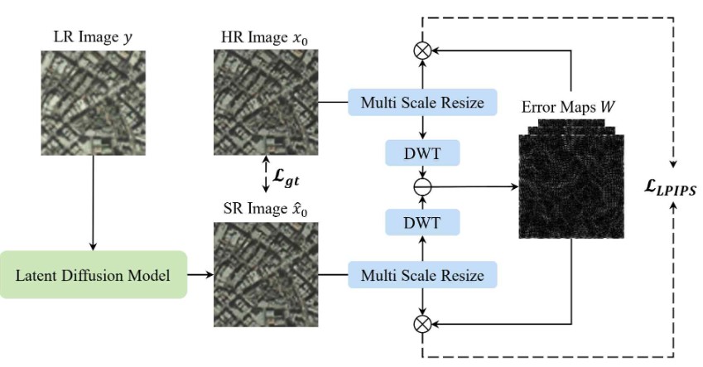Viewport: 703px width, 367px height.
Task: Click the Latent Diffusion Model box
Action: [x=93, y=274]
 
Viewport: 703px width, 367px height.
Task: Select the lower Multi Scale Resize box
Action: [x=422, y=274]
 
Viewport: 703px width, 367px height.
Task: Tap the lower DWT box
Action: [x=422, y=221]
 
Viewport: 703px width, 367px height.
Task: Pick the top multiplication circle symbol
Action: [x=422, y=51]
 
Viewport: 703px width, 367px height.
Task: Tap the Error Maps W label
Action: [x=570, y=107]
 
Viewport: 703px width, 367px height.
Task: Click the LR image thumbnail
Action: [x=93, y=103]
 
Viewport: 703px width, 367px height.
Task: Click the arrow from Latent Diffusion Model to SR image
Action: [x=200, y=274]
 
